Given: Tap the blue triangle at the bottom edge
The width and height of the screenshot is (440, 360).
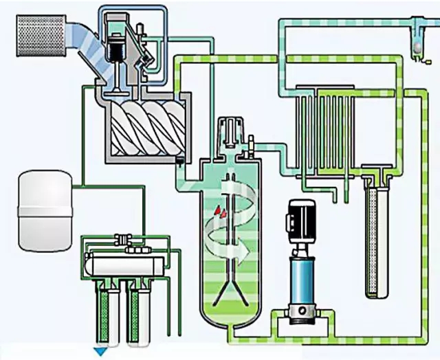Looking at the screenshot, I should pyautogui.click(x=101, y=352).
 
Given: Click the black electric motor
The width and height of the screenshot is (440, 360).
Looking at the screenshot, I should pyautogui.click(x=302, y=219).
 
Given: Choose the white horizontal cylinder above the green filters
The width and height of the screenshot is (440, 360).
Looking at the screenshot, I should pyautogui.click(x=124, y=264).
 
